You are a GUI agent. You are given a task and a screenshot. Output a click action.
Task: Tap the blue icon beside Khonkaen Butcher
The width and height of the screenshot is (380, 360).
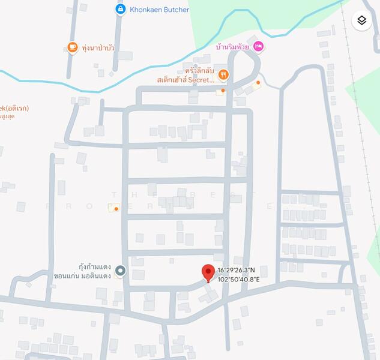[x=121, y=10]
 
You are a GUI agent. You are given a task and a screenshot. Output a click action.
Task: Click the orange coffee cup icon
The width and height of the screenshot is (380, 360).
[x=73, y=47]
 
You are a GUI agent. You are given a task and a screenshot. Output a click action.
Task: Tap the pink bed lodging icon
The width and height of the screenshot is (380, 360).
[x=258, y=46]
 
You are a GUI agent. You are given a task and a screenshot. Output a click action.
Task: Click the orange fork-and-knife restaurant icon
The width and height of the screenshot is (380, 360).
[x=223, y=74]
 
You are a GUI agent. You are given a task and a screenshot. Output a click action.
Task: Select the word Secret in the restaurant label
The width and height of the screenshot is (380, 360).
[x=201, y=79]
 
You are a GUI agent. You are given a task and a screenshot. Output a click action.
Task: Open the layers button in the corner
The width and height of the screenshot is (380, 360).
[x=361, y=20]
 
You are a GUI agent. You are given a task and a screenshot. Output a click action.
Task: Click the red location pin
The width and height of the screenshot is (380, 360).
[x=208, y=272]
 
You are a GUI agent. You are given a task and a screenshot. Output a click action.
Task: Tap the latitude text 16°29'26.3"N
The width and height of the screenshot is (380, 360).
[x=237, y=271]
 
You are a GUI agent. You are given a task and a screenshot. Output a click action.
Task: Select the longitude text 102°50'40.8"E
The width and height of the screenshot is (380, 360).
[x=238, y=279]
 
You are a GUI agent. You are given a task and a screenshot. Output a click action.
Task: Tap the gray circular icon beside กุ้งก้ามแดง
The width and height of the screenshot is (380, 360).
[x=121, y=271]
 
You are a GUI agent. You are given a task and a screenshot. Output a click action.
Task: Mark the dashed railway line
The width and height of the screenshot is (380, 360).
[x=362, y=150]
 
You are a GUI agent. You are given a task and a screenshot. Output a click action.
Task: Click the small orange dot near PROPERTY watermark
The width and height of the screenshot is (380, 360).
[x=116, y=208]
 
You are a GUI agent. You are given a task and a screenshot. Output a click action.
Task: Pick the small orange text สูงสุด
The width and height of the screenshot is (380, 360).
[x=8, y=116]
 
